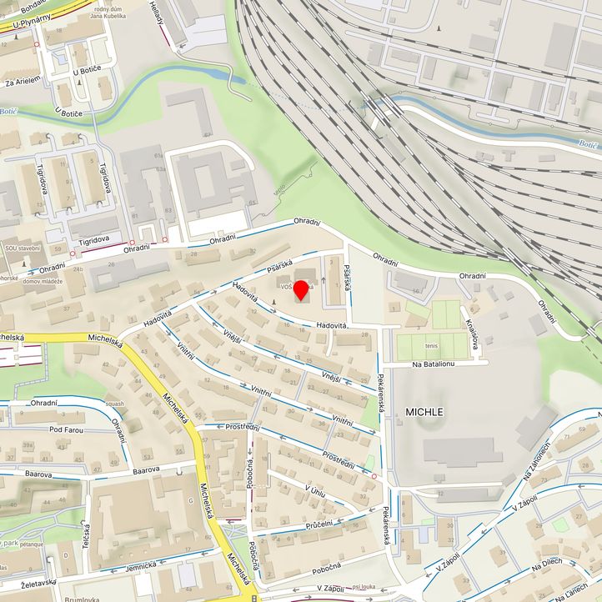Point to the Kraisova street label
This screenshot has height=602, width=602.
[x=473, y=334]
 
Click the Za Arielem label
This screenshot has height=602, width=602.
[x=22, y=82]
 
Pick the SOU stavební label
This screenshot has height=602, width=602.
[x=23, y=248]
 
